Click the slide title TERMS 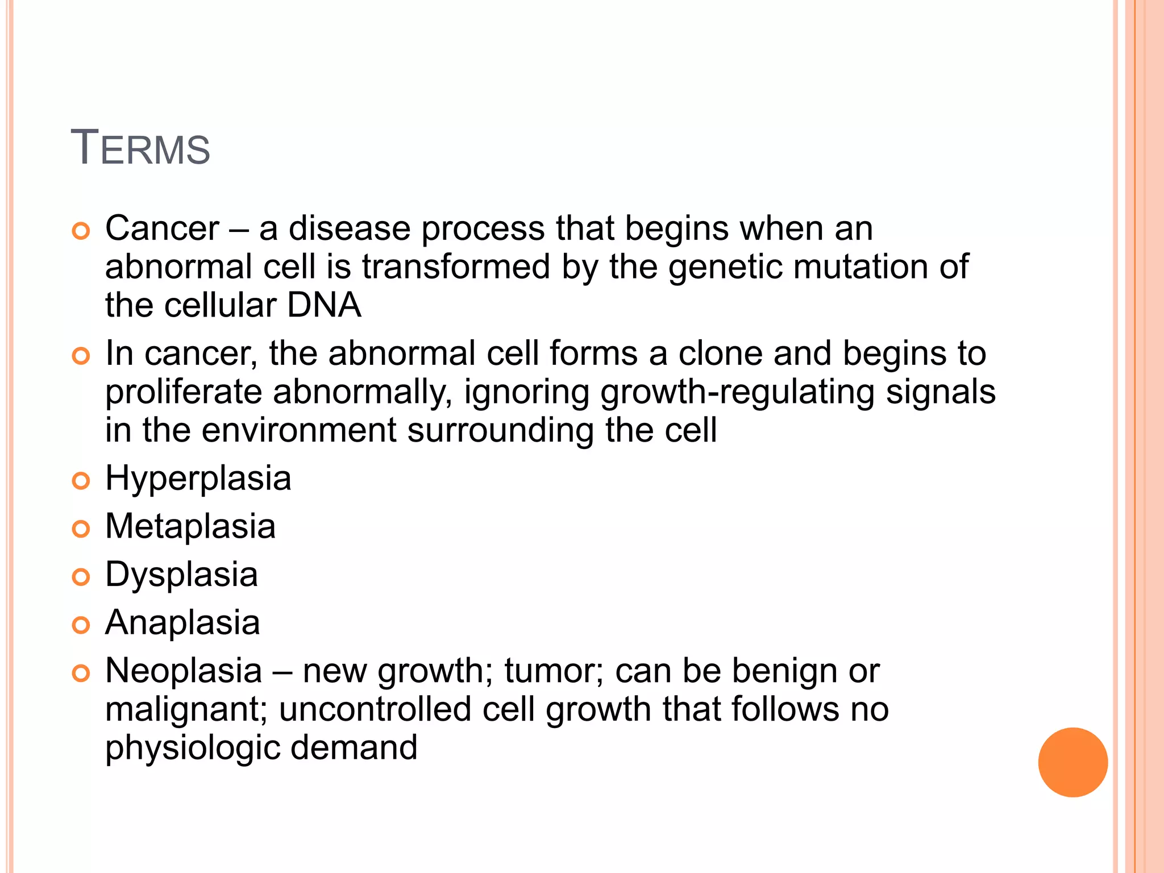(x=140, y=148)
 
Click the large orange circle (x=1072, y=762)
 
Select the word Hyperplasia (x=198, y=479)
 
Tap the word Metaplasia (x=190, y=526)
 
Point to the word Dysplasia (x=181, y=575)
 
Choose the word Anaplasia (x=182, y=622)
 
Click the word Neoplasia (x=184, y=671)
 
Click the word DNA (x=324, y=305)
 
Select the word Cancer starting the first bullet (x=162, y=228)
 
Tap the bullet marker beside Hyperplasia (x=81, y=481)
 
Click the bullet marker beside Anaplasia (x=81, y=625)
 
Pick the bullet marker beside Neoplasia (x=81, y=674)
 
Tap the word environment (x=299, y=430)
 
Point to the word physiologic (x=192, y=748)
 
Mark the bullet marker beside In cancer (x=81, y=356)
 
